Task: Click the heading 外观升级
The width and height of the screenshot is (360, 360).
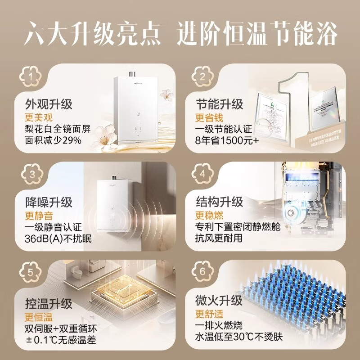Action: pyautogui.click(x=49, y=104)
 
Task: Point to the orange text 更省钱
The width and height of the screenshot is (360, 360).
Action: pyautogui.click(x=207, y=118)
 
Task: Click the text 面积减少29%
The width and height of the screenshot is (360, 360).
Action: pyautogui.click(x=54, y=140)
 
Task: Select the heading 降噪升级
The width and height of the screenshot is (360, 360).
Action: pyautogui.click(x=49, y=202)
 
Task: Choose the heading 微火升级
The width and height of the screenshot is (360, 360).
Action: pyautogui.click(x=219, y=300)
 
